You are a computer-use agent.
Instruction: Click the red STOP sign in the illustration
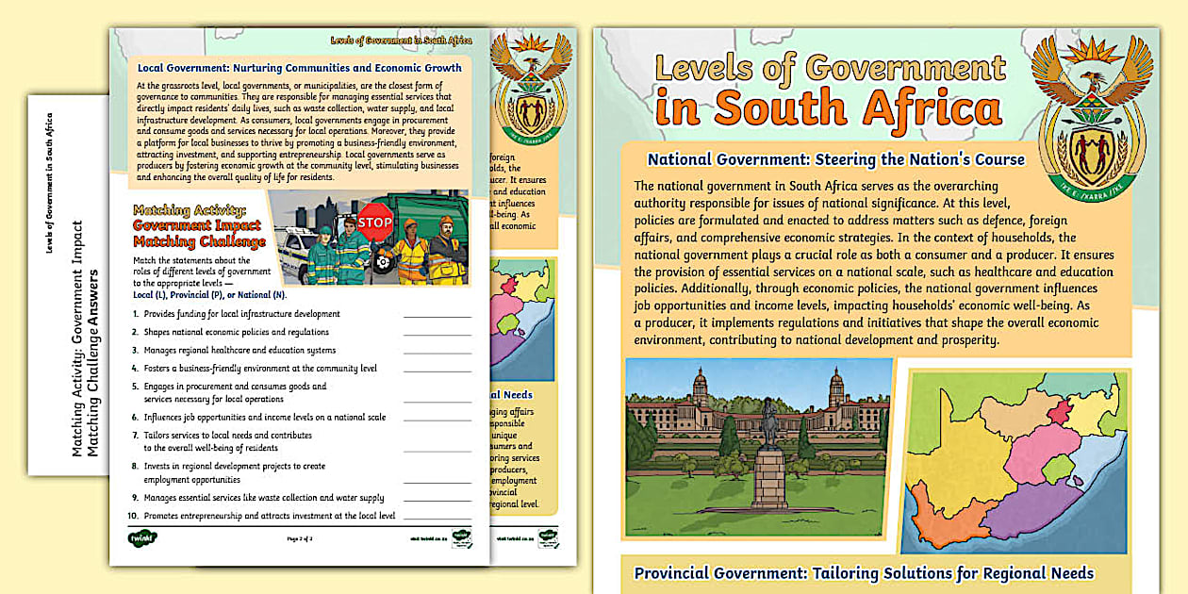[x=375, y=223]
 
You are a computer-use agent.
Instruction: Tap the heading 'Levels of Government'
[x=830, y=70]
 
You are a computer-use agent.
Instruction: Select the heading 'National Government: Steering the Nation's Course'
[x=835, y=159]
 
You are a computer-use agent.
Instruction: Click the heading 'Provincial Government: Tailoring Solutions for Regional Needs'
[x=864, y=573]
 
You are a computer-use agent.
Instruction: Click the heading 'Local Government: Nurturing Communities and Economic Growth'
[x=300, y=68]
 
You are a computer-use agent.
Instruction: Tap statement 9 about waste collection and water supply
[x=263, y=498]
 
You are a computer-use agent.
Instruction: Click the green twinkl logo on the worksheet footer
[x=142, y=538]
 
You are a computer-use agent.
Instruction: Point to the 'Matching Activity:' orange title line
[x=190, y=210]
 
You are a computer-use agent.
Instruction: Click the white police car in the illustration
[x=300, y=256]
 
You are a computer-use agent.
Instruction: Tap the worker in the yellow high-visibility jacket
[x=410, y=253]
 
